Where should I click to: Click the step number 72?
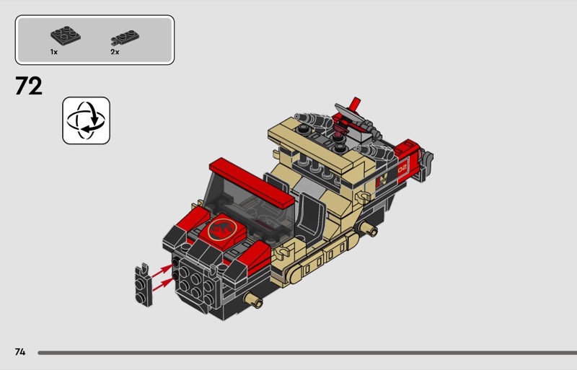pos(29,86)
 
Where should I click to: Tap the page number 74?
pos(20,352)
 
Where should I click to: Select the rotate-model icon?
pos(86,120)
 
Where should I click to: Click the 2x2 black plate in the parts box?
pos(66,35)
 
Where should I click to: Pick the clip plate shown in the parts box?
pos(125,38)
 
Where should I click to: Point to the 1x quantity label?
pos(54,52)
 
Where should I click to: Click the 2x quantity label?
pos(115,52)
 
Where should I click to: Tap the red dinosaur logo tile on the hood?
pos(222,229)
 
